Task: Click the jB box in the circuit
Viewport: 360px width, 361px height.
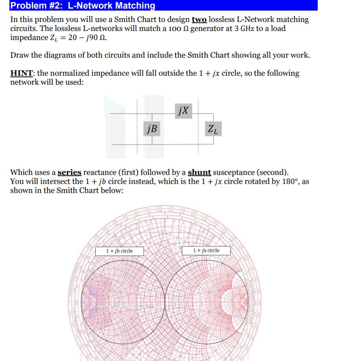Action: [152, 128]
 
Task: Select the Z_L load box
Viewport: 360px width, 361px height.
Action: [214, 128]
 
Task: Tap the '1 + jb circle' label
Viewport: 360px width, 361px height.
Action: [120, 251]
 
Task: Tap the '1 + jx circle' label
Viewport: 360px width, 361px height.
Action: [206, 250]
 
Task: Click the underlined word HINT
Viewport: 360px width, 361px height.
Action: [22, 73]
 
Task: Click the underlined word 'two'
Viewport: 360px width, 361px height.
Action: [199, 19]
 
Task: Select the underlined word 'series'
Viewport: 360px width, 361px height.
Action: [69, 172]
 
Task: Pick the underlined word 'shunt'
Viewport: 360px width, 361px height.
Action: [200, 172]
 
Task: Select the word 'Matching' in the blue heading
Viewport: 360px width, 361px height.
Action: [135, 5]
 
